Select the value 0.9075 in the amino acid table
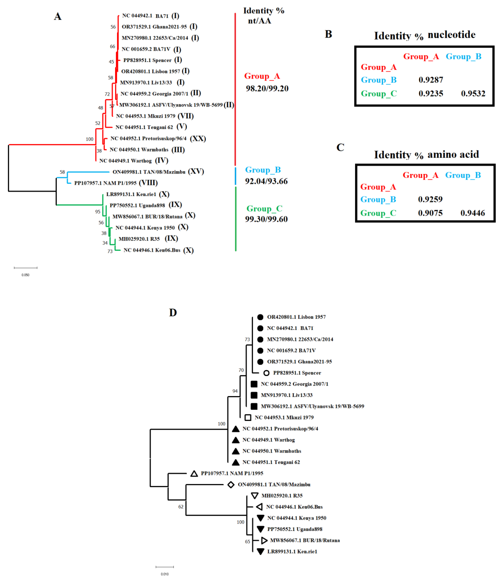pos(430,213)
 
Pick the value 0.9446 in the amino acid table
pos(473,213)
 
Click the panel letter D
pos(173,312)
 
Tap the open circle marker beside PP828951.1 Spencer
pos(266,373)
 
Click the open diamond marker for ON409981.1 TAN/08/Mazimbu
pos(231,484)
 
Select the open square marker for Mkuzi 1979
pos(248,417)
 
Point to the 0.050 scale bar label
pos(25,275)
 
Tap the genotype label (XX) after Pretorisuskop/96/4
pos(198,139)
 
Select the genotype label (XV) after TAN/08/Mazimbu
pos(196,171)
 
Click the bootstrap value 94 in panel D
pos(235,391)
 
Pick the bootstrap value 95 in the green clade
pos(98,212)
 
